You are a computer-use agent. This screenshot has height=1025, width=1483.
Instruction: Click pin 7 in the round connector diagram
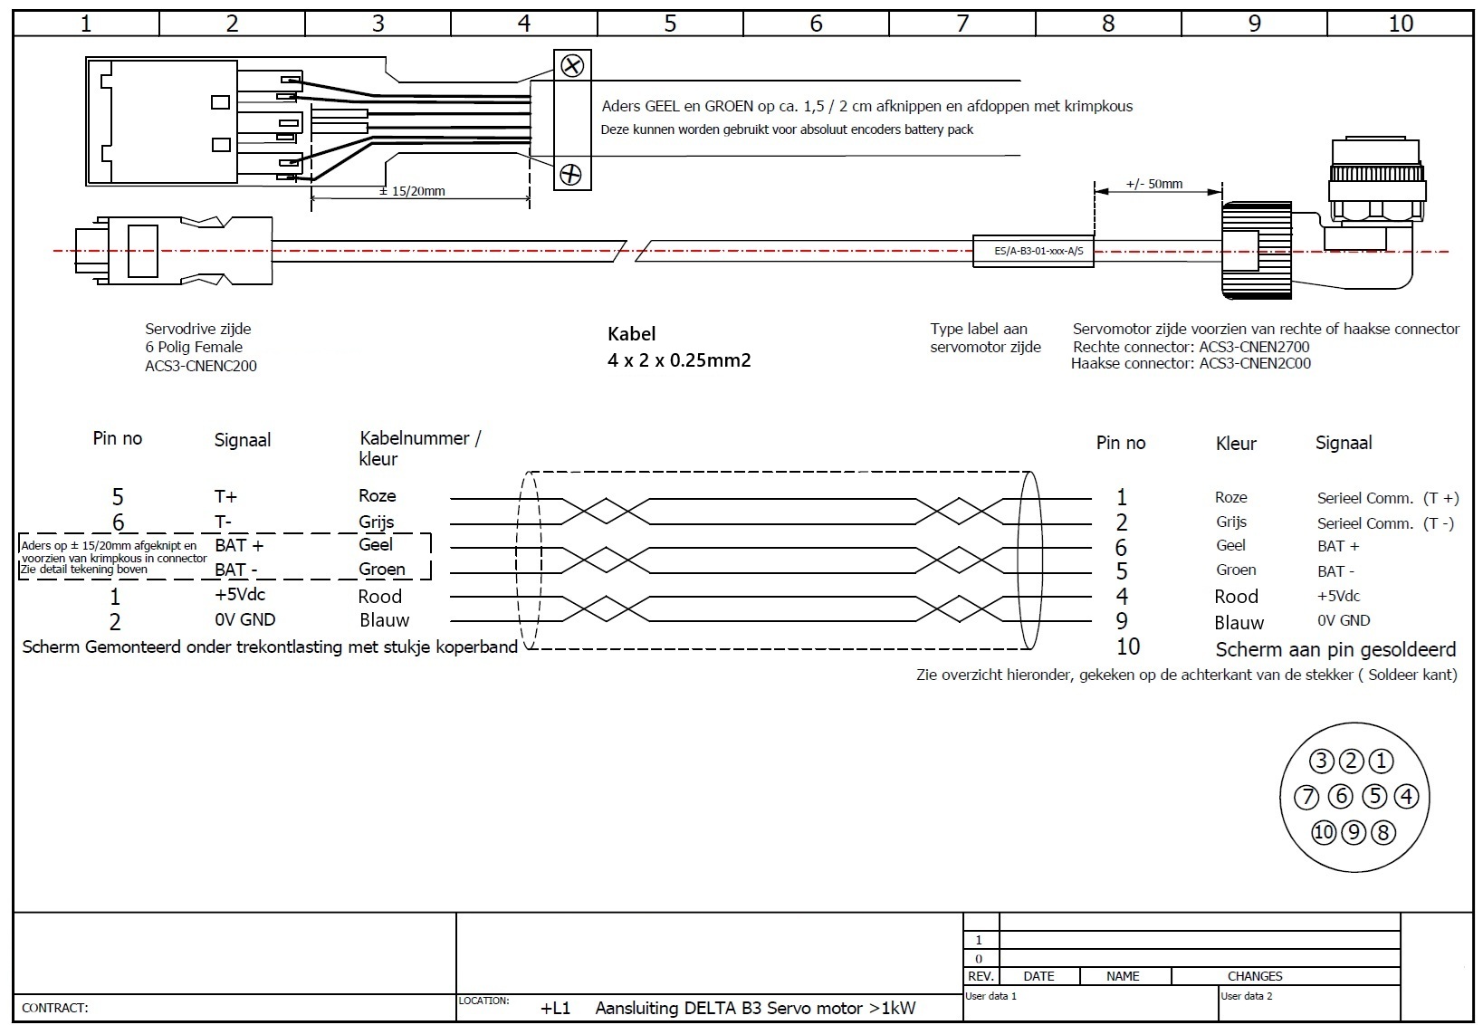pos(1306,797)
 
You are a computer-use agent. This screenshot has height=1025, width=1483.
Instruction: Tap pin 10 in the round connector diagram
pos(1324,832)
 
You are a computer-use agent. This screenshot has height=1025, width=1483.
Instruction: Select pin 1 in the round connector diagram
pos(1381,761)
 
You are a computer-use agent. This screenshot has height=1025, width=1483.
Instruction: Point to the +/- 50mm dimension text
pos(1153,184)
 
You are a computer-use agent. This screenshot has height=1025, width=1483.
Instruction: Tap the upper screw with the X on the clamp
pos(572,65)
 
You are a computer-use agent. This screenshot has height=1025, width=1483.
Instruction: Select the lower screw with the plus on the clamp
pos(570,174)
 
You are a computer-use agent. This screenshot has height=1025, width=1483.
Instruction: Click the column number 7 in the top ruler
pos(962,24)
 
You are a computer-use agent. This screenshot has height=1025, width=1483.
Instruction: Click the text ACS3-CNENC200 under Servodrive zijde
pos(201,366)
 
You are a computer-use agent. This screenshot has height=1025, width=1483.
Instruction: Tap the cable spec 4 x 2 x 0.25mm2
pos(679,360)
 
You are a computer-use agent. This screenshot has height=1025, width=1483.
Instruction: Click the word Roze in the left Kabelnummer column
pos(378,495)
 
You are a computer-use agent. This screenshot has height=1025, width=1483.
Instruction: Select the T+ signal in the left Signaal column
pos(225,496)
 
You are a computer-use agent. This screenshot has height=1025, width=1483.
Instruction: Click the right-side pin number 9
pos(1122,621)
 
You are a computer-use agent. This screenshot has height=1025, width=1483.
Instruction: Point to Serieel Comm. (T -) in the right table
pos(1385,523)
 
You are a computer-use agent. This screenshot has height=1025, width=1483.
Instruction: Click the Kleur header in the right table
pos(1236,444)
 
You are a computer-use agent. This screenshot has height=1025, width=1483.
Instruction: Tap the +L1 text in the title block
pos(555,1008)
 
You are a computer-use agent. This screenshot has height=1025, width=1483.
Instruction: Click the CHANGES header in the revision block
pos(1254,976)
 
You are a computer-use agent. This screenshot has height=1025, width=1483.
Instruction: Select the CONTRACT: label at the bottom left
pos(54,1008)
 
